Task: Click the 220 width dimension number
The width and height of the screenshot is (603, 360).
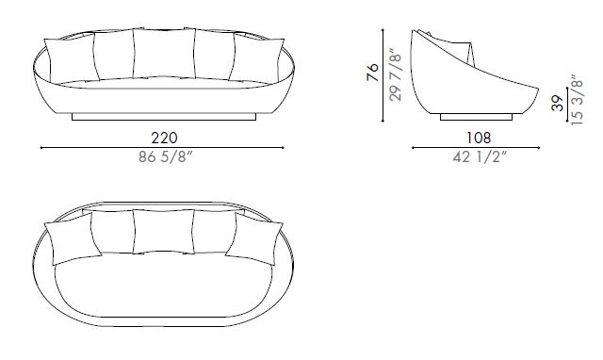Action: pos(162,136)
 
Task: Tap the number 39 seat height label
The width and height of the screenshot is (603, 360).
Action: pos(558,101)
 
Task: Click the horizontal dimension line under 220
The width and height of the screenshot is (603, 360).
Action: pos(162,148)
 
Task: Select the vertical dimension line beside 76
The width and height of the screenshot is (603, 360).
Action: pos(384,75)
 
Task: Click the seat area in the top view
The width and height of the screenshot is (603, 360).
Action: pos(163,283)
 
